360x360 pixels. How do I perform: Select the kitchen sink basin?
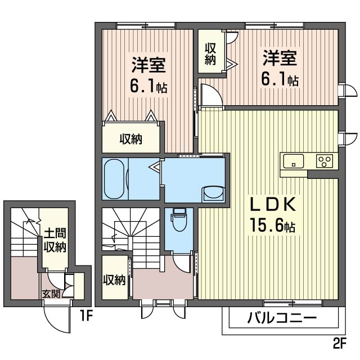coord(294,161)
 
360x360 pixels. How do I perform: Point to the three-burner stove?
coord(324,161)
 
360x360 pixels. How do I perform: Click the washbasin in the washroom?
coord(213,195)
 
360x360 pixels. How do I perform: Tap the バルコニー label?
coord(282,318)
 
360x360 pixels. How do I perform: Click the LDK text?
coord(272,204)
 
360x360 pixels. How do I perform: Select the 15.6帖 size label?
coord(272,225)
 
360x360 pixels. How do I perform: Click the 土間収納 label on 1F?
coord(55,240)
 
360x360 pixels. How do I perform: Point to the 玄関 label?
coord(51,294)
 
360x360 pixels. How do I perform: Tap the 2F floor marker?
coord(340,344)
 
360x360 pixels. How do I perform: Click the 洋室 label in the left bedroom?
coord(148,65)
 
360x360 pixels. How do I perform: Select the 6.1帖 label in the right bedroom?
coord(280,80)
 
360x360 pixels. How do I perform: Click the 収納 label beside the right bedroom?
coord(210,54)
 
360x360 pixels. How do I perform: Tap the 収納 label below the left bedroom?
coord(130,139)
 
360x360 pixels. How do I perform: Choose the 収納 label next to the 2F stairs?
coord(114,280)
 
